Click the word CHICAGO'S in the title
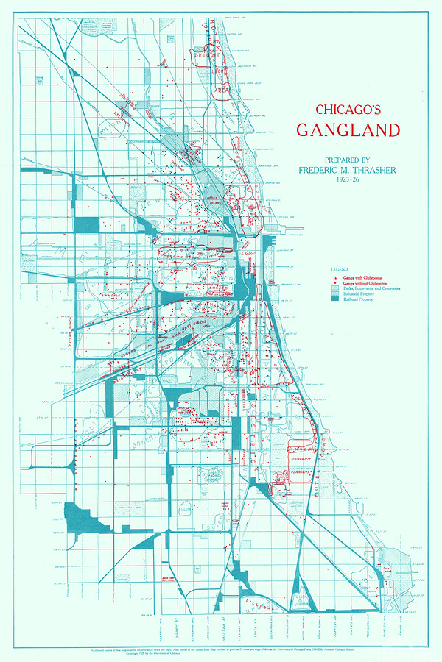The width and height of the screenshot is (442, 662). (x=347, y=110)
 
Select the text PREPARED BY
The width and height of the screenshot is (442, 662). (x=348, y=160)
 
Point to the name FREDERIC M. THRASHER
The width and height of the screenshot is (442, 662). (x=347, y=170)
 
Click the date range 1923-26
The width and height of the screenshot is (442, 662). (x=347, y=179)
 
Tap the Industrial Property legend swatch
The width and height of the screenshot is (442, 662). (x=335, y=294)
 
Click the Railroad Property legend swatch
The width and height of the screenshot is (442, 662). (x=335, y=300)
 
